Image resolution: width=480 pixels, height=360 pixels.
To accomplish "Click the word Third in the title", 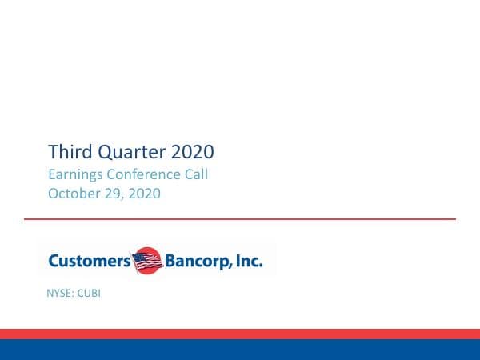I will (x=68, y=151).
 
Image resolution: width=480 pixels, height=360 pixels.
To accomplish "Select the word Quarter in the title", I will (x=128, y=151).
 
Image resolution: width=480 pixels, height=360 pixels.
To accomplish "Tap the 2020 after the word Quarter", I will (x=192, y=151).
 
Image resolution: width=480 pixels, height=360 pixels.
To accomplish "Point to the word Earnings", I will (x=74, y=174).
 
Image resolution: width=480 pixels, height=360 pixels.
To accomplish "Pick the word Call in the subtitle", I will (x=195, y=174).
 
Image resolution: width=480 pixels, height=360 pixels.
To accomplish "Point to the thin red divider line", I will (x=240, y=218).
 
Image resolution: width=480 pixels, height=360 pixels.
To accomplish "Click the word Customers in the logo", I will (x=88, y=260).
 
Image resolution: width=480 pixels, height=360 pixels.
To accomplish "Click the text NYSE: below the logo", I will (x=61, y=294).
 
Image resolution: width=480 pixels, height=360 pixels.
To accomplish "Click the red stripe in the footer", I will (x=240, y=334).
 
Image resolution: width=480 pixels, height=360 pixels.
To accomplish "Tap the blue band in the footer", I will (x=240, y=350).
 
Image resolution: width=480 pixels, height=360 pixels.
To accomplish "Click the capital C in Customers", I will (x=53, y=260).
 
